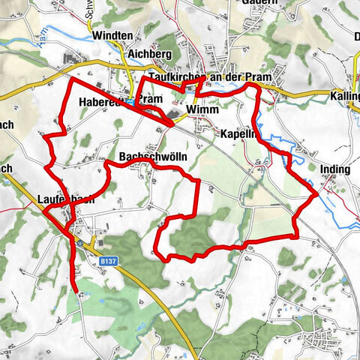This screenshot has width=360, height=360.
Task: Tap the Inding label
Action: tap(334, 170)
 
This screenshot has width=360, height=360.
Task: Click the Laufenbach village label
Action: tap(65, 200)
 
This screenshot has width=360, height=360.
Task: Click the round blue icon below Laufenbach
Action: tap(79, 243)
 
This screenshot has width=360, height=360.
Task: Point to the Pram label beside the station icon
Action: tap(151, 100)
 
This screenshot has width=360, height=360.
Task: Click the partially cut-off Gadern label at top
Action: tap(256, 3)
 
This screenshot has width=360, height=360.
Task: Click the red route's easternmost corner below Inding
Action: tap(313, 194)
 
